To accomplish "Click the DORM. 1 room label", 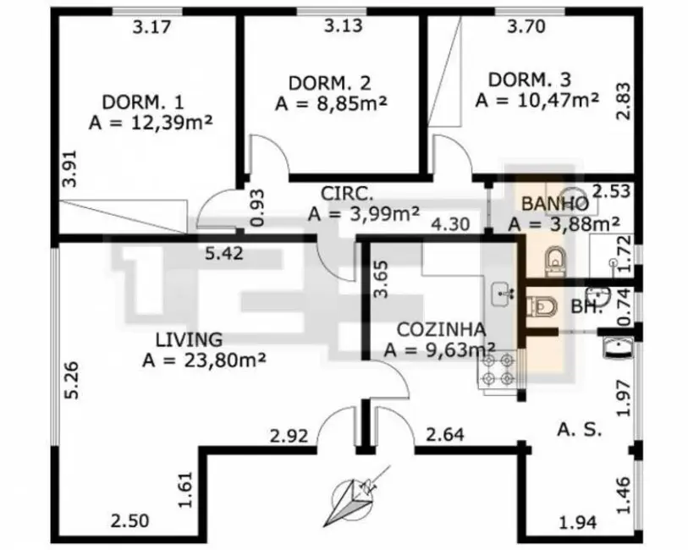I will pyautogui.click(x=142, y=102).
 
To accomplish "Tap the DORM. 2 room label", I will pyautogui.click(x=329, y=83).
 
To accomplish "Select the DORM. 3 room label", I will pyautogui.click(x=530, y=80).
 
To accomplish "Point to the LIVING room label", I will pyautogui.click(x=189, y=339).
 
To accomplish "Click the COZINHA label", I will pyautogui.click(x=441, y=329).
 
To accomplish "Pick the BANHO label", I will pyautogui.click(x=555, y=203).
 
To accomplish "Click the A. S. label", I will pyautogui.click(x=579, y=430).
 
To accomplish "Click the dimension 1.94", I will pyautogui.click(x=577, y=522).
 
